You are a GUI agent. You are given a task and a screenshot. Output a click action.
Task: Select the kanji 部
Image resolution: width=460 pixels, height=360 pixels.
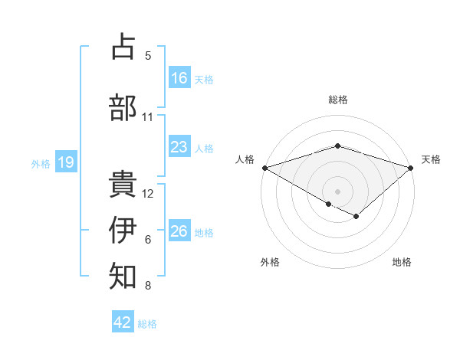[123, 107]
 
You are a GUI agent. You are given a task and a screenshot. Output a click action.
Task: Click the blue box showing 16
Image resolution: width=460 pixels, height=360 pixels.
[179, 78]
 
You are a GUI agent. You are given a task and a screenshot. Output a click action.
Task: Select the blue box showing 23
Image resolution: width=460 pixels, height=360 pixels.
[179, 147]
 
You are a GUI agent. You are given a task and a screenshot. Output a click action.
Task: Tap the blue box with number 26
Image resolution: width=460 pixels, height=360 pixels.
[179, 232]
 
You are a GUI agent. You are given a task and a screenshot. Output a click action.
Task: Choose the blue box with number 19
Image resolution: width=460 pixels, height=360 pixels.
[65, 162]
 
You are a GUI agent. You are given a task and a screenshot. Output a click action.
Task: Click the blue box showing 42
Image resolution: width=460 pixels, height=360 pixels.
[123, 322]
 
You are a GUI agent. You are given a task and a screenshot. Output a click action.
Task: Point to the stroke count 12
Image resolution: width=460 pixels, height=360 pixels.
[148, 193]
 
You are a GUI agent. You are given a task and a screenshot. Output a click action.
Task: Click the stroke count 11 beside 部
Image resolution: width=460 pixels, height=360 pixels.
[148, 116]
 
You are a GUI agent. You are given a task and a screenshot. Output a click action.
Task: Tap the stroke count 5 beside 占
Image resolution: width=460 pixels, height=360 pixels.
[148, 55]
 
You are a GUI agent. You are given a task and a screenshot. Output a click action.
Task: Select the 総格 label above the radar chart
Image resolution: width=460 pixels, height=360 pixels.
[337, 100]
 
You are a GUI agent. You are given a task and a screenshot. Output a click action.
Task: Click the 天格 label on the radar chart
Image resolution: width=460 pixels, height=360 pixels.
[431, 159]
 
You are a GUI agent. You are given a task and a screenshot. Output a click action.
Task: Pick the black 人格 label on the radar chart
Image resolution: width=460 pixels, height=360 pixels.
[245, 159]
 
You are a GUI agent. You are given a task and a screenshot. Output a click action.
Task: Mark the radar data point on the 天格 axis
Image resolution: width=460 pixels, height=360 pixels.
[411, 167]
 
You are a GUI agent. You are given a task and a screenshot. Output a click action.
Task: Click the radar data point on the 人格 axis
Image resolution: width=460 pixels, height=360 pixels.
[264, 167]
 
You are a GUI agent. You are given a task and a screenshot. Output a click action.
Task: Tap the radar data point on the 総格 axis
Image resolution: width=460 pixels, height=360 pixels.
[337, 146]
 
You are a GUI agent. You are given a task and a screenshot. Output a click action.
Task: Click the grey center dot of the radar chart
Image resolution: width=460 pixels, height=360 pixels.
[337, 191]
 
